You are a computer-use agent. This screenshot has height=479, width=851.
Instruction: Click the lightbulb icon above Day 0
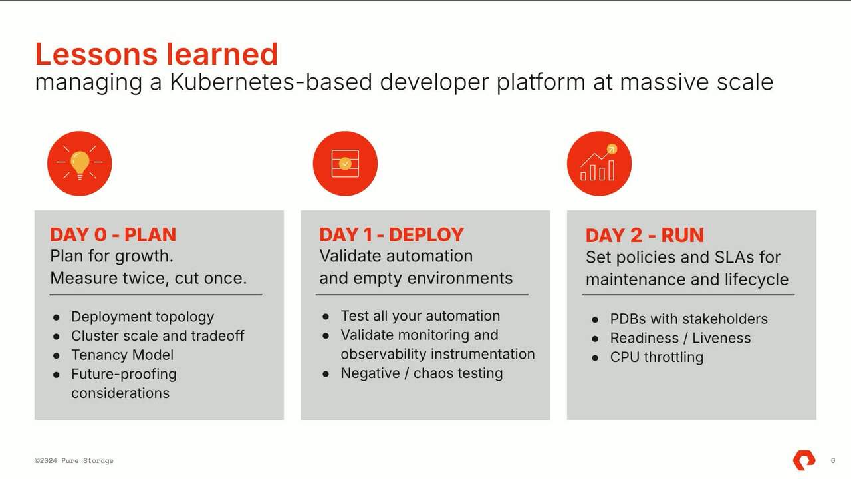click(79, 163)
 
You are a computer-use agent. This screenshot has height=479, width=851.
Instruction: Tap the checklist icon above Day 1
click(345, 163)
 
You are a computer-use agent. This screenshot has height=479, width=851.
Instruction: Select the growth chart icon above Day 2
click(599, 163)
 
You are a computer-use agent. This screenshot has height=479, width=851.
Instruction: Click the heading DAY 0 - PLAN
click(113, 235)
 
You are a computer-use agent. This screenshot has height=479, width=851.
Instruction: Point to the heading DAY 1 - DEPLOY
click(392, 235)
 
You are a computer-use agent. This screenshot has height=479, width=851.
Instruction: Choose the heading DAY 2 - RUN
click(644, 236)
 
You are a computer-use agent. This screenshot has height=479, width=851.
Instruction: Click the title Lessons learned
click(156, 54)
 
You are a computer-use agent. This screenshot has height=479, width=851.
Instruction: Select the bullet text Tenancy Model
click(122, 355)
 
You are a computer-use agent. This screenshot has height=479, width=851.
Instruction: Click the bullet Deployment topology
click(142, 317)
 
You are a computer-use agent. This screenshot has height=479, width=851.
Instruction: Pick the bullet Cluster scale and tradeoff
click(158, 336)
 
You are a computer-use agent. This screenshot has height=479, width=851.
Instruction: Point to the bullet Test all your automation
click(420, 316)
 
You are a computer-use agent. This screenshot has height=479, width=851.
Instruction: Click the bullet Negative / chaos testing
click(422, 373)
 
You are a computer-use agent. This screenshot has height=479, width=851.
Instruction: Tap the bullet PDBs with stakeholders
click(689, 319)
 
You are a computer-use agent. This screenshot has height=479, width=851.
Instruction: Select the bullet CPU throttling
click(656, 357)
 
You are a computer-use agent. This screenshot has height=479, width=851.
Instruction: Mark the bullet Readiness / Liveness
click(680, 338)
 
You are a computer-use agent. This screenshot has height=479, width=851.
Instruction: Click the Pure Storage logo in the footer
click(804, 460)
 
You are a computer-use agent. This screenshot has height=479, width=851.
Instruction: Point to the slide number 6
click(833, 460)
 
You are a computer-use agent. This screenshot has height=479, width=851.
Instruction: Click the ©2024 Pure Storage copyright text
click(74, 460)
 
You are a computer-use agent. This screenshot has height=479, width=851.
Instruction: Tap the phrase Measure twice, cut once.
click(148, 278)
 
